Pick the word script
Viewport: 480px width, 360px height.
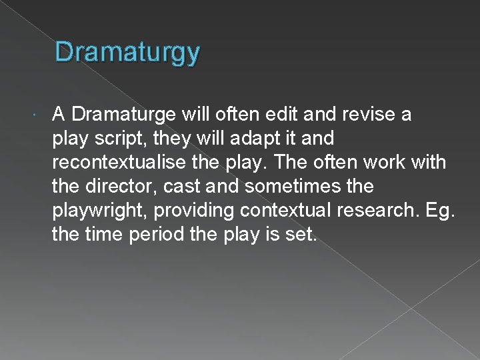click(117, 138)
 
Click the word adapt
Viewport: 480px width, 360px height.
click(257, 138)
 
